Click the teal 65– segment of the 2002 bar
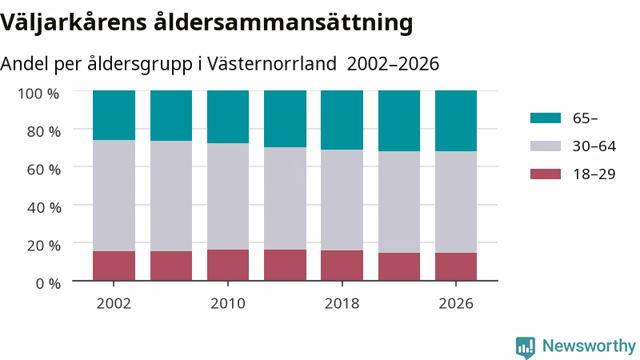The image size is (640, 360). (114, 115)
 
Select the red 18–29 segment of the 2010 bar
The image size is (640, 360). (228, 265)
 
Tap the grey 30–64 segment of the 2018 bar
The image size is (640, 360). (342, 200)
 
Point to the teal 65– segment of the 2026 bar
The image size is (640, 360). (456, 121)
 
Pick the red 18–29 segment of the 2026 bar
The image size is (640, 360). (456, 266)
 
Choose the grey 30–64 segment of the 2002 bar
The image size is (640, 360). (114, 195)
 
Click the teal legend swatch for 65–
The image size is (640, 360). (546, 118)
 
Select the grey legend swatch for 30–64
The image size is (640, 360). (546, 146)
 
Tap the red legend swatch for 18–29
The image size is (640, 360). (546, 174)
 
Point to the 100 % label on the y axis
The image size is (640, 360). (38, 94)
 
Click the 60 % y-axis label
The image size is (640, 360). (44, 170)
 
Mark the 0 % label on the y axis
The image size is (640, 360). (48, 283)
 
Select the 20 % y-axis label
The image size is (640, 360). (44, 246)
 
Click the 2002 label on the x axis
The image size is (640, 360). (114, 304)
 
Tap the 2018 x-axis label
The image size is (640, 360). (342, 304)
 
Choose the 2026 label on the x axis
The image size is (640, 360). (456, 304)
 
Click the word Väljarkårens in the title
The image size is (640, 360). (74, 22)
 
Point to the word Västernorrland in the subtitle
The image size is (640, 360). (272, 64)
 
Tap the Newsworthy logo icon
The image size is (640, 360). (526, 347)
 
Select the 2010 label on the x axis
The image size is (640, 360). (228, 304)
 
